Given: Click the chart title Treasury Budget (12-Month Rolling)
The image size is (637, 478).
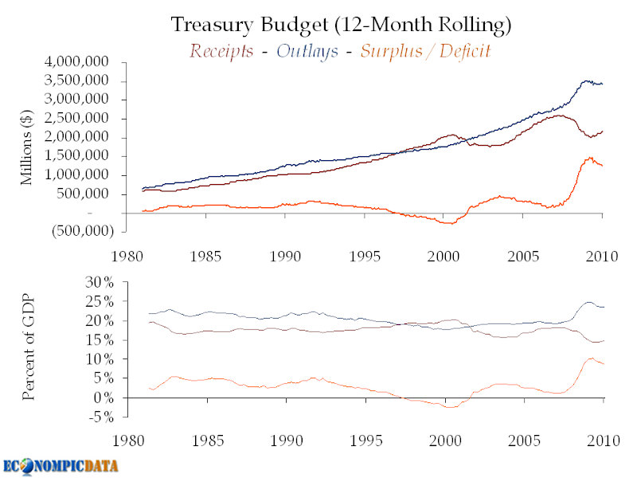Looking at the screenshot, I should (341, 25).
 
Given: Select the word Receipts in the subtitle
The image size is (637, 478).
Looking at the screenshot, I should (222, 52).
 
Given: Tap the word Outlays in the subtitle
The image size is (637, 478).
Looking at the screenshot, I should (307, 52).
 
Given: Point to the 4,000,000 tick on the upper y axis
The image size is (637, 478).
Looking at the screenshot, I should (89, 62).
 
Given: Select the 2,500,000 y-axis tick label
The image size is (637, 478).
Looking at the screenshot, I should (89, 119).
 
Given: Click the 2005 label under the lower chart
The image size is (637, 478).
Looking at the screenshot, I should (524, 441).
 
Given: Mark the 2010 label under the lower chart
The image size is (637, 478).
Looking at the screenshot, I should (602, 441).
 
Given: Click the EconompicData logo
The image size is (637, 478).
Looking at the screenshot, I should (61, 464).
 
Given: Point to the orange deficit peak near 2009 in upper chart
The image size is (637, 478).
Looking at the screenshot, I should (590, 158).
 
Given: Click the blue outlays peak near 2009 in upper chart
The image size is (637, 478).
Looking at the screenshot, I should (588, 80).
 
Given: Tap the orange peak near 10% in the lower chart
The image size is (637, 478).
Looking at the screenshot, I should (591, 358).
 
